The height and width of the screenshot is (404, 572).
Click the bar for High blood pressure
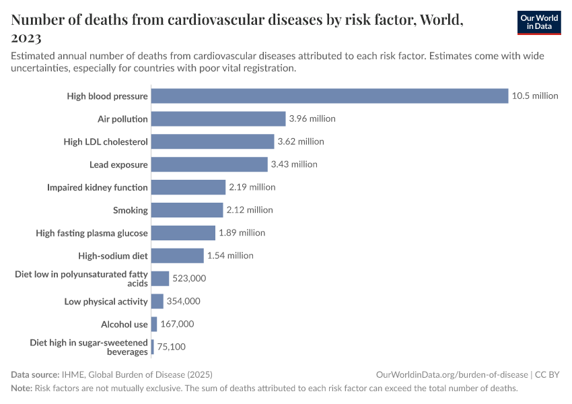click(330, 96)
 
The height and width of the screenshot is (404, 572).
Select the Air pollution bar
click(219, 119)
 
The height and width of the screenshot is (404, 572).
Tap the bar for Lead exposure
click(209, 164)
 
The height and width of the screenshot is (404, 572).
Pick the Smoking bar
click(187, 210)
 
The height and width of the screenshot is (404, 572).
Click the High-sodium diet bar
click(178, 256)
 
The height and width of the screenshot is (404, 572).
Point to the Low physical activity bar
click(157, 301)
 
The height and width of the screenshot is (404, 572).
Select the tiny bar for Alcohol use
click(154, 324)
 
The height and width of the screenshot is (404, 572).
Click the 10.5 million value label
click(535, 96)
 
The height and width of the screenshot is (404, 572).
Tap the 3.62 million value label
click(301, 141)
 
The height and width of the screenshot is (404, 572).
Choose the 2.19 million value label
click(252, 187)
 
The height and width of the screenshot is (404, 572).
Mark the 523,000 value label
click(189, 278)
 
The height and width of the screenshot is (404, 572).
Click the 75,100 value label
click(171, 347)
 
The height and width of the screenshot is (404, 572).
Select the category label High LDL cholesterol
click(106, 141)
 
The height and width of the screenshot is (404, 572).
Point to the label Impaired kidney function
click(98, 187)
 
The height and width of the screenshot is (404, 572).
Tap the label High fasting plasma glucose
click(92, 233)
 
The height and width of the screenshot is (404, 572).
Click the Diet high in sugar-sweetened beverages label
click(89, 347)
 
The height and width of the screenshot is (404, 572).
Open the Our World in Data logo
click(538, 22)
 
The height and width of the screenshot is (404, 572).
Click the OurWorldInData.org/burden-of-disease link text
click(452, 374)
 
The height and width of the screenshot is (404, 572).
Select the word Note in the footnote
click(22, 388)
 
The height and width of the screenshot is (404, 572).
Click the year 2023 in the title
click(26, 37)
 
